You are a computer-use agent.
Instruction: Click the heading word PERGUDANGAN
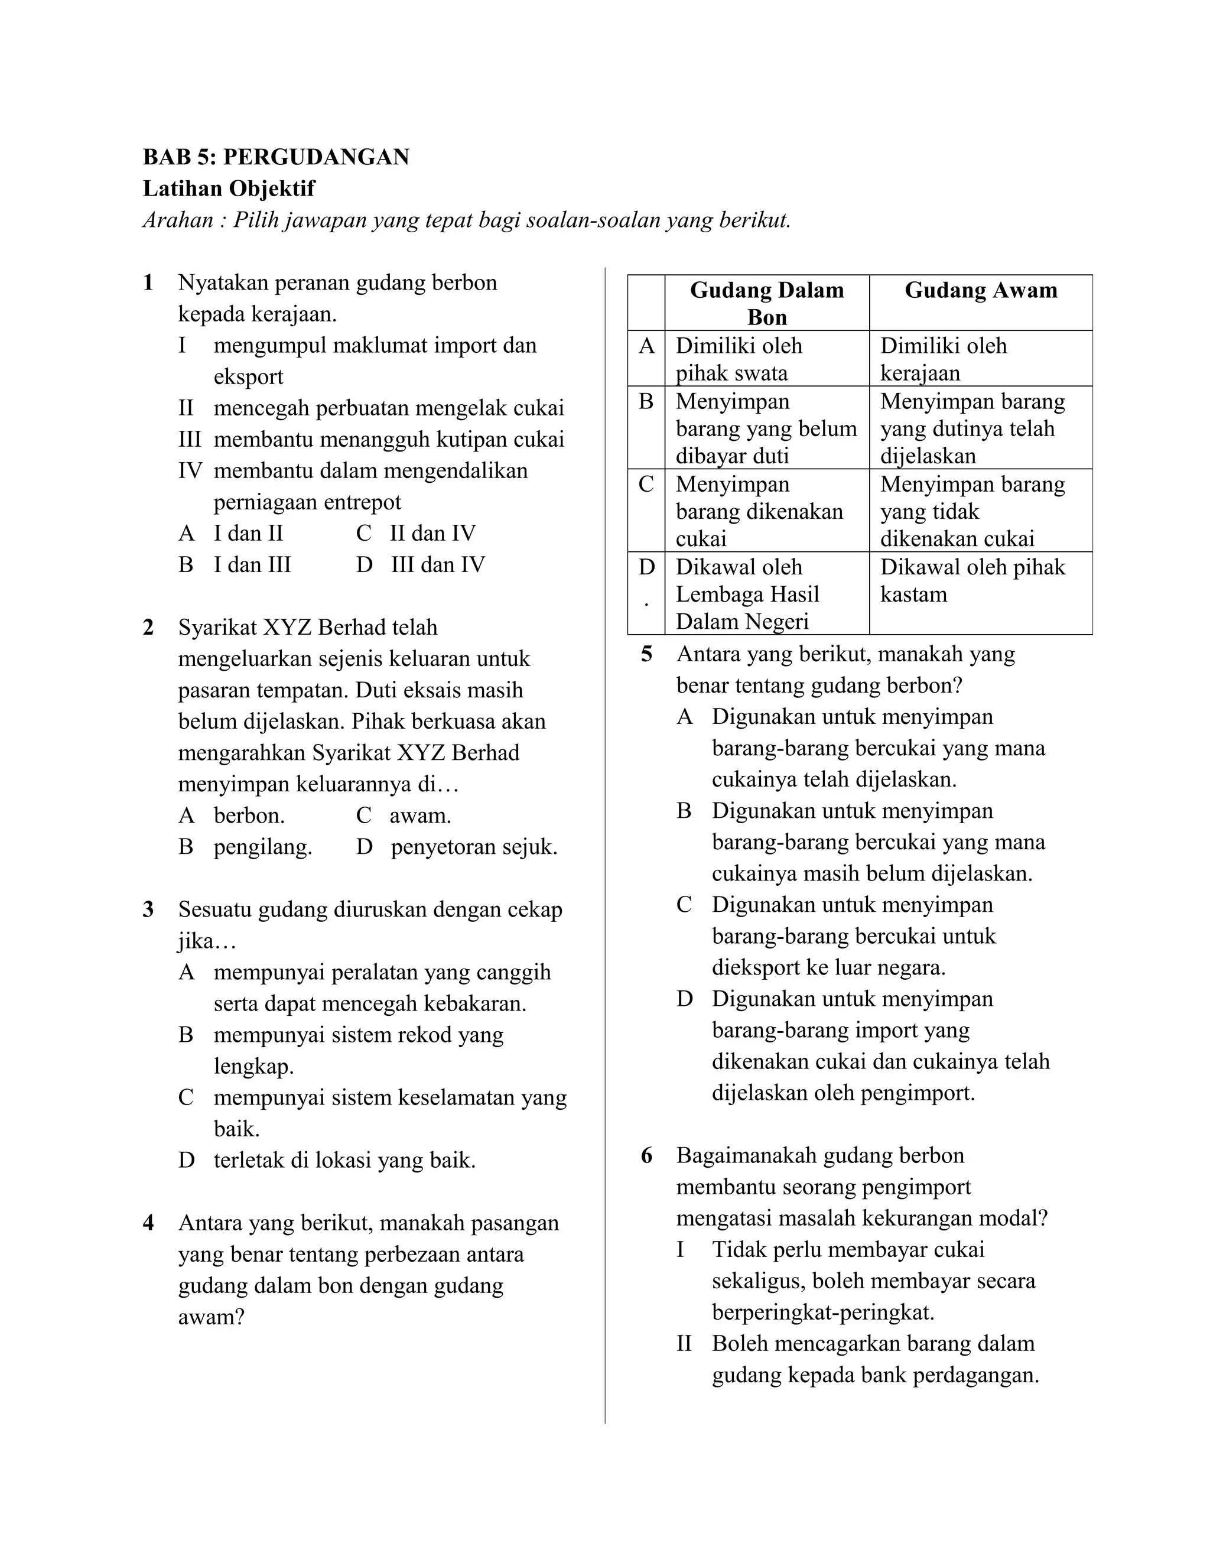pyautogui.click(x=316, y=157)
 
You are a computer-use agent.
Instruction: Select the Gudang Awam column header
pyautogui.click(x=980, y=290)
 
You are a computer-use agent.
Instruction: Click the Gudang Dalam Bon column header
pyautogui.click(x=766, y=303)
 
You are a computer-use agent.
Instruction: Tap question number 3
pyautogui.click(x=148, y=910)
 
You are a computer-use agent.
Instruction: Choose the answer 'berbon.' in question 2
pyautogui.click(x=249, y=816)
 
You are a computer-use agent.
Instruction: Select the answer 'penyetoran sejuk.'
pyautogui.click(x=473, y=847)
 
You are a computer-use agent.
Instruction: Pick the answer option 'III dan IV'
pyautogui.click(x=437, y=564)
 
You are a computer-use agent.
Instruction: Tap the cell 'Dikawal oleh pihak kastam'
pyautogui.click(x=972, y=580)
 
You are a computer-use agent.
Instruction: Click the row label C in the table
pyautogui.click(x=646, y=485)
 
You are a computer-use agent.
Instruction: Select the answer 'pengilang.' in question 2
pyautogui.click(x=262, y=847)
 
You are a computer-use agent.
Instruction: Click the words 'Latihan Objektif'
pyautogui.click(x=229, y=189)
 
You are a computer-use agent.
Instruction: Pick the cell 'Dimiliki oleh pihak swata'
pyautogui.click(x=739, y=359)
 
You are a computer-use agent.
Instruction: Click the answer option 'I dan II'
pyautogui.click(x=248, y=533)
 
